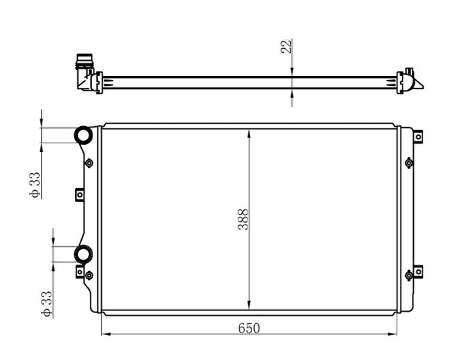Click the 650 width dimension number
point(249,328)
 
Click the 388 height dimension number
point(244,219)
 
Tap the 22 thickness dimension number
point(286,46)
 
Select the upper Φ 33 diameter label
point(34,185)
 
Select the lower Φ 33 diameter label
point(47,304)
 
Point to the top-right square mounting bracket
point(418,137)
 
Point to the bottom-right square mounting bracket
point(418,271)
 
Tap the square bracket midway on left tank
point(79,195)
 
